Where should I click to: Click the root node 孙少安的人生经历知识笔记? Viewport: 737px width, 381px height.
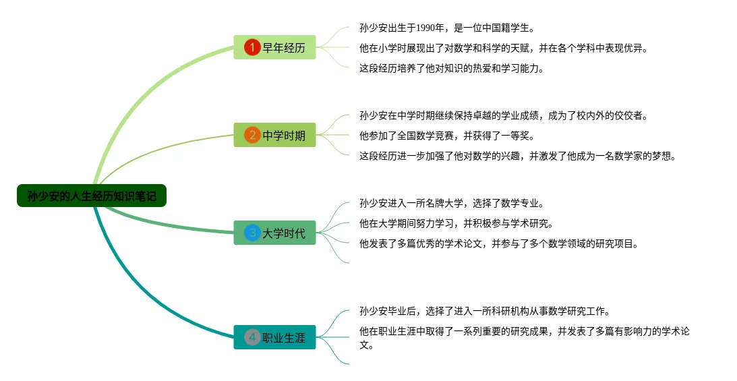(x=92, y=196)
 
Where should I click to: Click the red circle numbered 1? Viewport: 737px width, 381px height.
(x=252, y=47)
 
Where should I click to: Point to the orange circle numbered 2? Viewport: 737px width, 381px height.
(x=252, y=135)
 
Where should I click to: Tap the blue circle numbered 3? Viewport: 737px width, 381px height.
(x=252, y=233)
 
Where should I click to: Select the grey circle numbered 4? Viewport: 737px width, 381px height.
(x=252, y=337)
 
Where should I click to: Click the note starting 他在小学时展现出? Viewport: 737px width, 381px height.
(x=503, y=48)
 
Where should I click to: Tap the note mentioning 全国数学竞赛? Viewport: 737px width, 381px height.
(x=446, y=136)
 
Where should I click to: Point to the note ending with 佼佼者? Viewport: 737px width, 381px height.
(x=503, y=115)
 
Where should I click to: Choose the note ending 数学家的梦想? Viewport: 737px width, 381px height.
(x=517, y=156)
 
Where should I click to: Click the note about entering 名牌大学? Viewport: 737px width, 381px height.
(x=451, y=203)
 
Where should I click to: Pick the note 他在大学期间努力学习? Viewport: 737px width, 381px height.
(x=456, y=223)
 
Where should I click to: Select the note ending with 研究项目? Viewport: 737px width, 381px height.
(x=498, y=243)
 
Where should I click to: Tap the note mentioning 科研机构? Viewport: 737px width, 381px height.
(x=484, y=311)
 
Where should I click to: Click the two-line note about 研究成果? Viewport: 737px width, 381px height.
(x=525, y=337)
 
